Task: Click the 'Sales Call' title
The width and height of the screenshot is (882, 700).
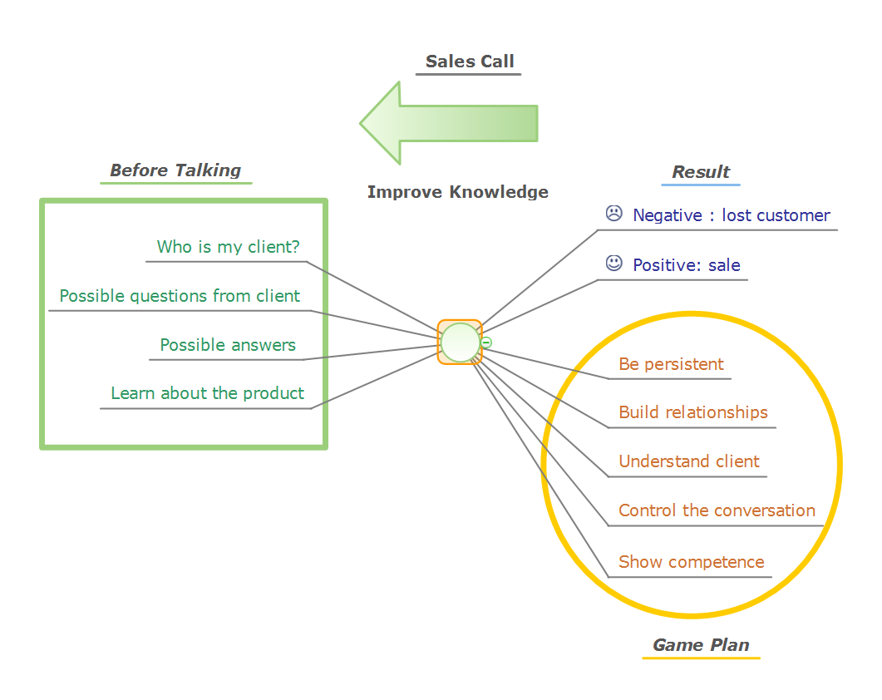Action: click(470, 62)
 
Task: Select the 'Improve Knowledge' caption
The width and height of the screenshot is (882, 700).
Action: click(458, 192)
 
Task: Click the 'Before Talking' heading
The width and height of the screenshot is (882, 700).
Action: click(175, 170)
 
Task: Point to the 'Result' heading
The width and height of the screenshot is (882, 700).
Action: click(701, 172)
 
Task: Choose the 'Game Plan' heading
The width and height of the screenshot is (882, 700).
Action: click(701, 645)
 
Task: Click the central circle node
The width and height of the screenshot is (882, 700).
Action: click(460, 343)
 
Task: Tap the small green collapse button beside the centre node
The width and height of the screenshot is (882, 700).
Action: click(486, 343)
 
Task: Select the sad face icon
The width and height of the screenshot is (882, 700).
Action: click(613, 214)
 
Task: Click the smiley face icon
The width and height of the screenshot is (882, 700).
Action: click(613, 264)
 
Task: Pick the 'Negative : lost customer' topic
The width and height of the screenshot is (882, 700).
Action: click(732, 215)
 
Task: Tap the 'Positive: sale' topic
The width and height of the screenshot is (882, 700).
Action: click(687, 265)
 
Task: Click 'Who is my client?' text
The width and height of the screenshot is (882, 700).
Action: click(229, 247)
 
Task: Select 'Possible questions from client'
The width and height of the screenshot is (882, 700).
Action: click(180, 296)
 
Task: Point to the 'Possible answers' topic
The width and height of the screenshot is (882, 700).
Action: click(228, 345)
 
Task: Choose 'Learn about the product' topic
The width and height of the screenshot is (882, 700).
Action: click(208, 393)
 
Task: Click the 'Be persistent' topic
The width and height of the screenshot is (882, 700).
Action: click(671, 364)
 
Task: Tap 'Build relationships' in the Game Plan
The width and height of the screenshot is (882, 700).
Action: click(693, 412)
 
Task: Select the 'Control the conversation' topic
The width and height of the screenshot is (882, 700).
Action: click(717, 510)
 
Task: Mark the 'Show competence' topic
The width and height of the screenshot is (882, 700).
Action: click(692, 562)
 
